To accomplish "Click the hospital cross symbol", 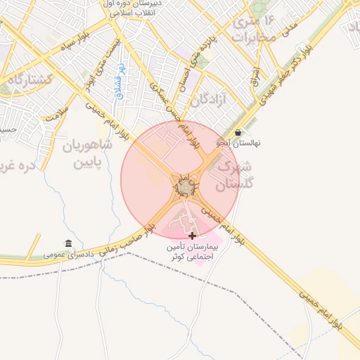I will [x=193, y=235].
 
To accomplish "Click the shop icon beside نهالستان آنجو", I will [x=238, y=132].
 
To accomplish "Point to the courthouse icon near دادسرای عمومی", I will [x=68, y=243].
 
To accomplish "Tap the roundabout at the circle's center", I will [x=186, y=187].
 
